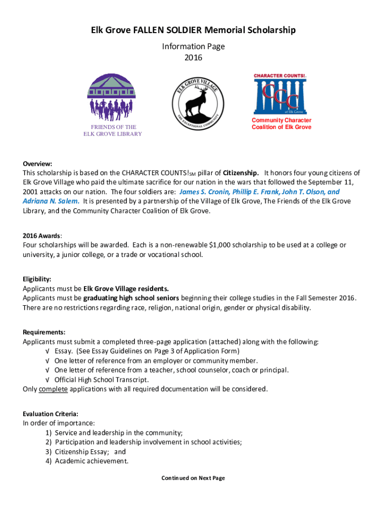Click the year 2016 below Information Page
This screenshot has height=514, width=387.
(x=193, y=58)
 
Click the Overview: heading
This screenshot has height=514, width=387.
(x=37, y=164)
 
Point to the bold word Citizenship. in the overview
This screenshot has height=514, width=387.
(x=241, y=173)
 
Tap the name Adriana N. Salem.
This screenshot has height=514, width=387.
(x=51, y=201)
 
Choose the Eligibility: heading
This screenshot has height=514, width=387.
(x=37, y=279)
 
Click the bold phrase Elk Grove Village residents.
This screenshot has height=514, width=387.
(x=126, y=289)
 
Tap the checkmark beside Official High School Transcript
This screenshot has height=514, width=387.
(x=47, y=379)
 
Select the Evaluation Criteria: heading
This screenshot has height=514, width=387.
(x=50, y=414)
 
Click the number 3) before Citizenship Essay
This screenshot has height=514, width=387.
(x=49, y=452)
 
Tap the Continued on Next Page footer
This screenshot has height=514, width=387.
(x=193, y=478)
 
